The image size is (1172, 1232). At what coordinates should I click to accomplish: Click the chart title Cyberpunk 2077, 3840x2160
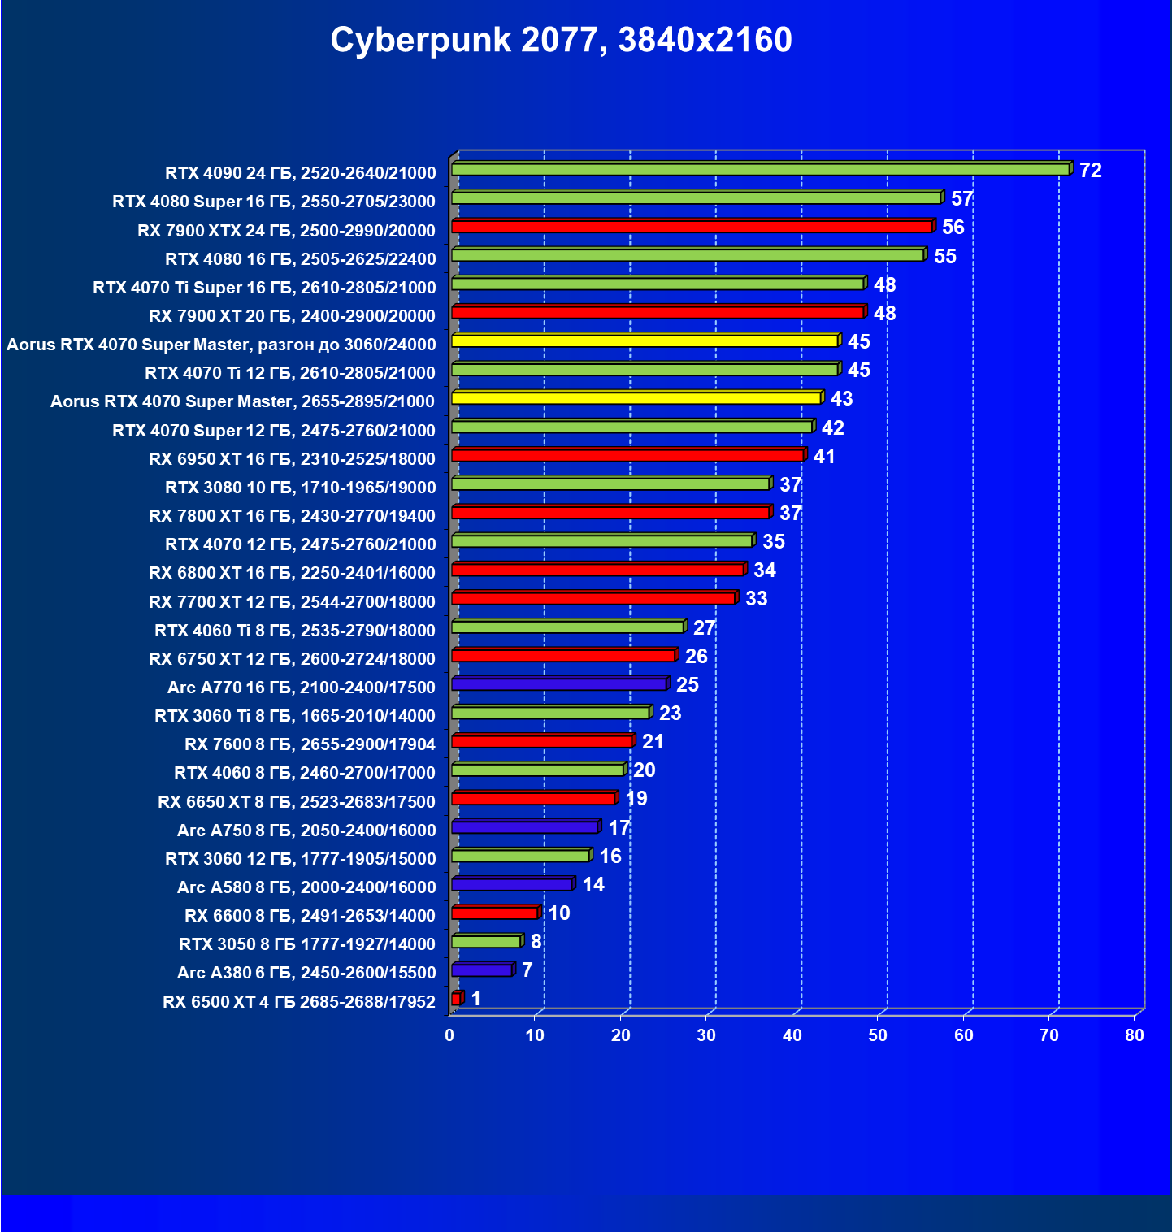[x=561, y=40]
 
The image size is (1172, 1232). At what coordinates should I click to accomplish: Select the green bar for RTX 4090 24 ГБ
[x=760, y=169]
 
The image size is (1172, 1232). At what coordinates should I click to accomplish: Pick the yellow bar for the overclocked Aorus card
[x=645, y=341]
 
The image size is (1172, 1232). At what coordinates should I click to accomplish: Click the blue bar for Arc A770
[x=559, y=684]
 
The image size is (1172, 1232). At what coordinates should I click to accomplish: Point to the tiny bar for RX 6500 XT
[x=456, y=998]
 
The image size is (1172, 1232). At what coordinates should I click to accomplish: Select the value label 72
[x=1090, y=171]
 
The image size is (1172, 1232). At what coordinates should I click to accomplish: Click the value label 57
[x=961, y=199]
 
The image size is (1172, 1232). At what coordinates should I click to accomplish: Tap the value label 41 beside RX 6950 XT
[x=824, y=457]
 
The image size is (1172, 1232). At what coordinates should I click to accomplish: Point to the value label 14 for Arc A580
[x=593, y=885]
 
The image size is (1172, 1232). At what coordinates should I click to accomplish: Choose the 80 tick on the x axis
[x=1135, y=1035]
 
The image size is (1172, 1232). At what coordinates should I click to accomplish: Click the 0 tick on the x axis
[x=449, y=1035]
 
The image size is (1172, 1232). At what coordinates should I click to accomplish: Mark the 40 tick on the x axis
[x=792, y=1035]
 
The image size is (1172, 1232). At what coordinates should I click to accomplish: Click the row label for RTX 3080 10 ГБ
[x=300, y=488]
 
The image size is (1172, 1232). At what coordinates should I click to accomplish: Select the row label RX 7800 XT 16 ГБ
[x=292, y=516]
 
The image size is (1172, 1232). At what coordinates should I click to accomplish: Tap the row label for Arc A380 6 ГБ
[x=306, y=973]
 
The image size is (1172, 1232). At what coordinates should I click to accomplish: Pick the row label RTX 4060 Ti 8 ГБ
[x=294, y=631]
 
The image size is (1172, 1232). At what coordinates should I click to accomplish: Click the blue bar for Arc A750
[x=525, y=827]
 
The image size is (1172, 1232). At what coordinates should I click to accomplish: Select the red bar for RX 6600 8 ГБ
[x=494, y=913]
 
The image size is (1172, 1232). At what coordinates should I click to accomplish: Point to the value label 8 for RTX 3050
[x=536, y=942]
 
